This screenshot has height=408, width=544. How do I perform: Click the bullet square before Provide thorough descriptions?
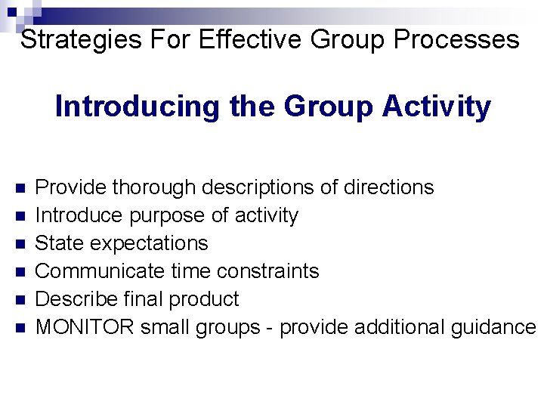click(20, 187)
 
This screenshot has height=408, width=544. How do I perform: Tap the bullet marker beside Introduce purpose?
click(20, 216)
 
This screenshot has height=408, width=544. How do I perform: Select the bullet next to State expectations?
click(20, 244)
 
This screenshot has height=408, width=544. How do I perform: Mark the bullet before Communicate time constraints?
click(20, 272)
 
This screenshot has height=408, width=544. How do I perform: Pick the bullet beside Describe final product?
click(20, 300)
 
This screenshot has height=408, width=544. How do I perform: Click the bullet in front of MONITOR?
click(20, 328)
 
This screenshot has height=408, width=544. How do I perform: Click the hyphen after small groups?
click(269, 328)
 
